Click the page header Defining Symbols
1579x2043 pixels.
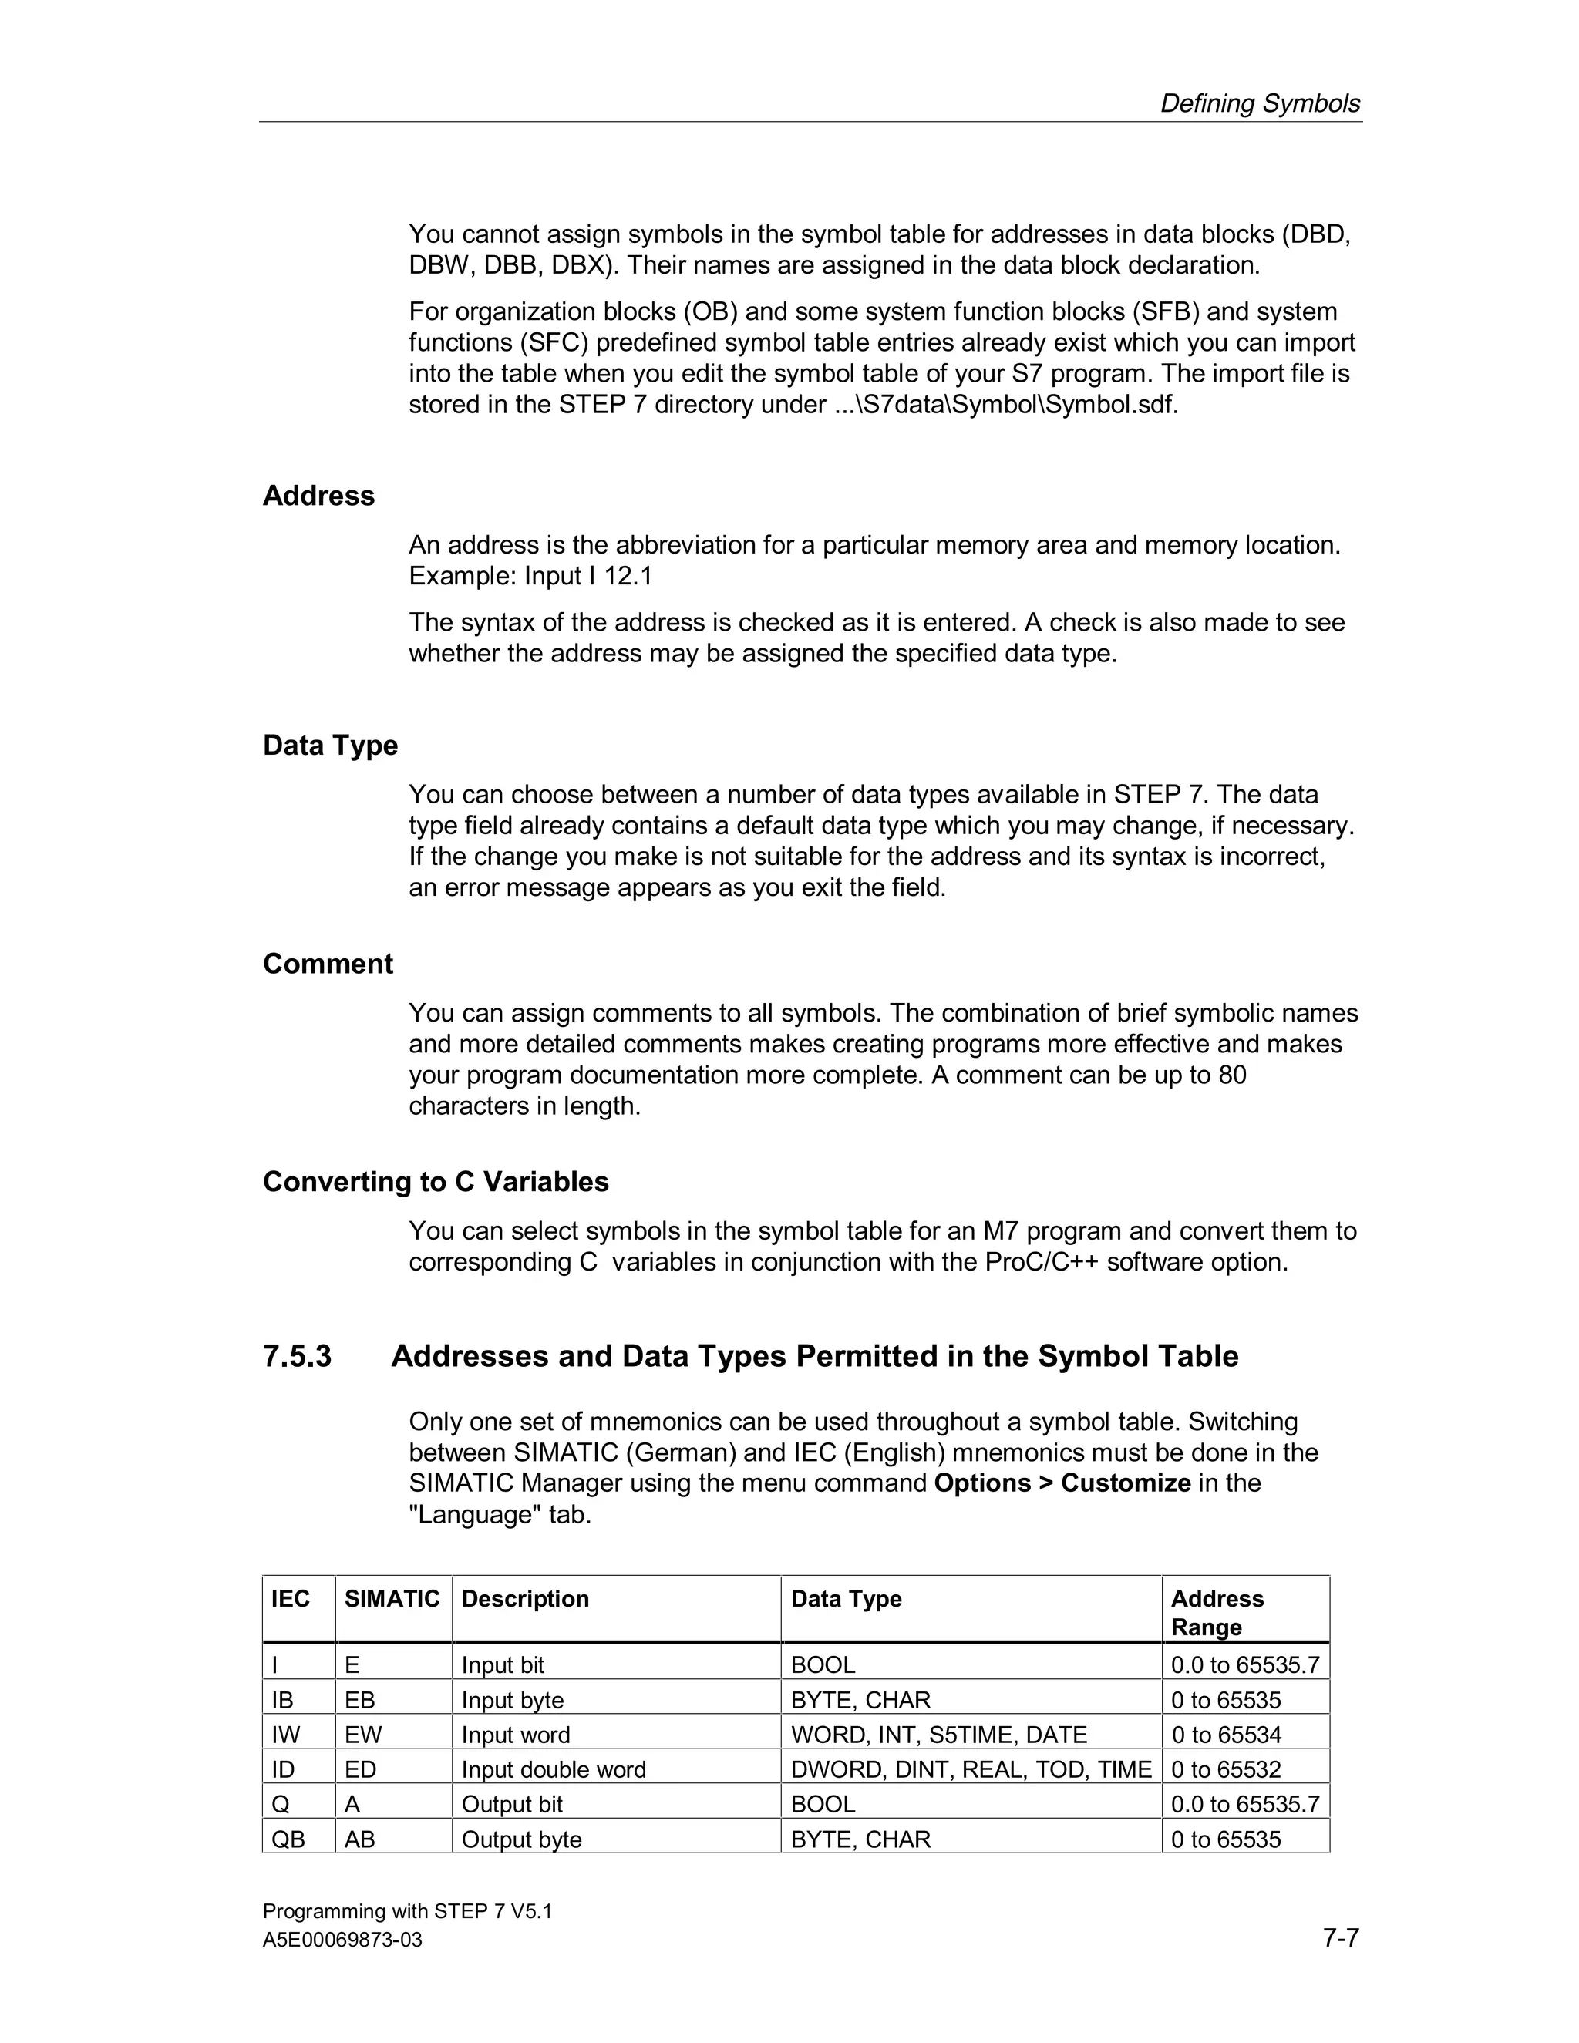[x=1259, y=104]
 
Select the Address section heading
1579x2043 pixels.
[x=318, y=496]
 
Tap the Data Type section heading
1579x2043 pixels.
[x=330, y=746]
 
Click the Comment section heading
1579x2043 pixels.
[x=328, y=964]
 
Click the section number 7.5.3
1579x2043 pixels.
[x=297, y=1356]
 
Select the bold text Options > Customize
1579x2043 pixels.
[x=1062, y=1483]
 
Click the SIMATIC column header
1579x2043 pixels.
[x=391, y=1599]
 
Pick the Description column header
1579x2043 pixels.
[x=525, y=1599]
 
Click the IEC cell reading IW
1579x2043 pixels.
[x=285, y=1735]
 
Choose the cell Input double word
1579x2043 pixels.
[x=554, y=1770]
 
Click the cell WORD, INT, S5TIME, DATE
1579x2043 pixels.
[x=938, y=1735]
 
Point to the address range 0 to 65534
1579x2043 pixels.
[x=1225, y=1735]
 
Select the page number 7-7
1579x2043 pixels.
[x=1341, y=1937]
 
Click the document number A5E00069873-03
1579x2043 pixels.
[x=342, y=1940]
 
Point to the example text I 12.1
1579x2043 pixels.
[x=620, y=576]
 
